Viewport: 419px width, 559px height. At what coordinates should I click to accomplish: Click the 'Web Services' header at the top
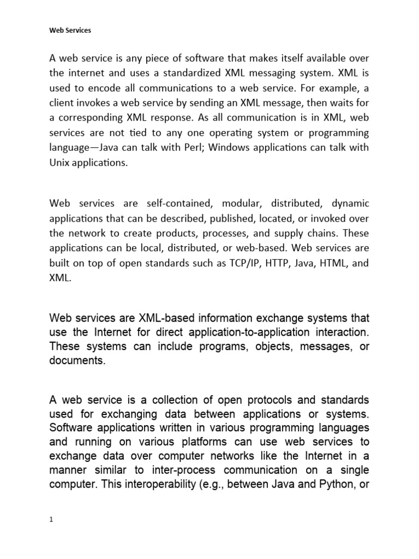click(x=70, y=31)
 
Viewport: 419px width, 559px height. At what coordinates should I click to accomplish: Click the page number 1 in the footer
click(x=51, y=520)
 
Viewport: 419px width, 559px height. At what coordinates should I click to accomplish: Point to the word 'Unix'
click(x=59, y=163)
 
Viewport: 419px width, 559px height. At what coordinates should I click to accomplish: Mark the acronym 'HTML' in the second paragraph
click(x=335, y=263)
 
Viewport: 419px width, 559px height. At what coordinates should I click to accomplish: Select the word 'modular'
click(x=244, y=204)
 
